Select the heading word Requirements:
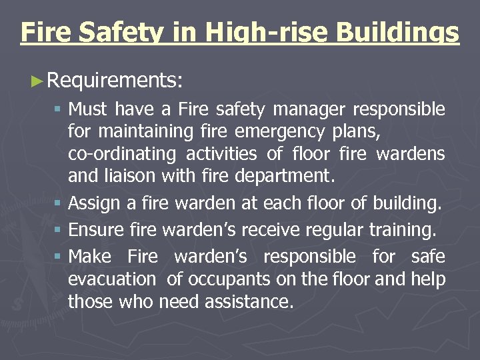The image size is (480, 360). [x=116, y=81]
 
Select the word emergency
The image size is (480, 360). [x=286, y=131]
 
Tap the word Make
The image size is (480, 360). [x=89, y=257]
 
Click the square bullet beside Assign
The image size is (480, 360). [x=59, y=202]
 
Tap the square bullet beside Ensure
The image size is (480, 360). [x=59, y=230]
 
